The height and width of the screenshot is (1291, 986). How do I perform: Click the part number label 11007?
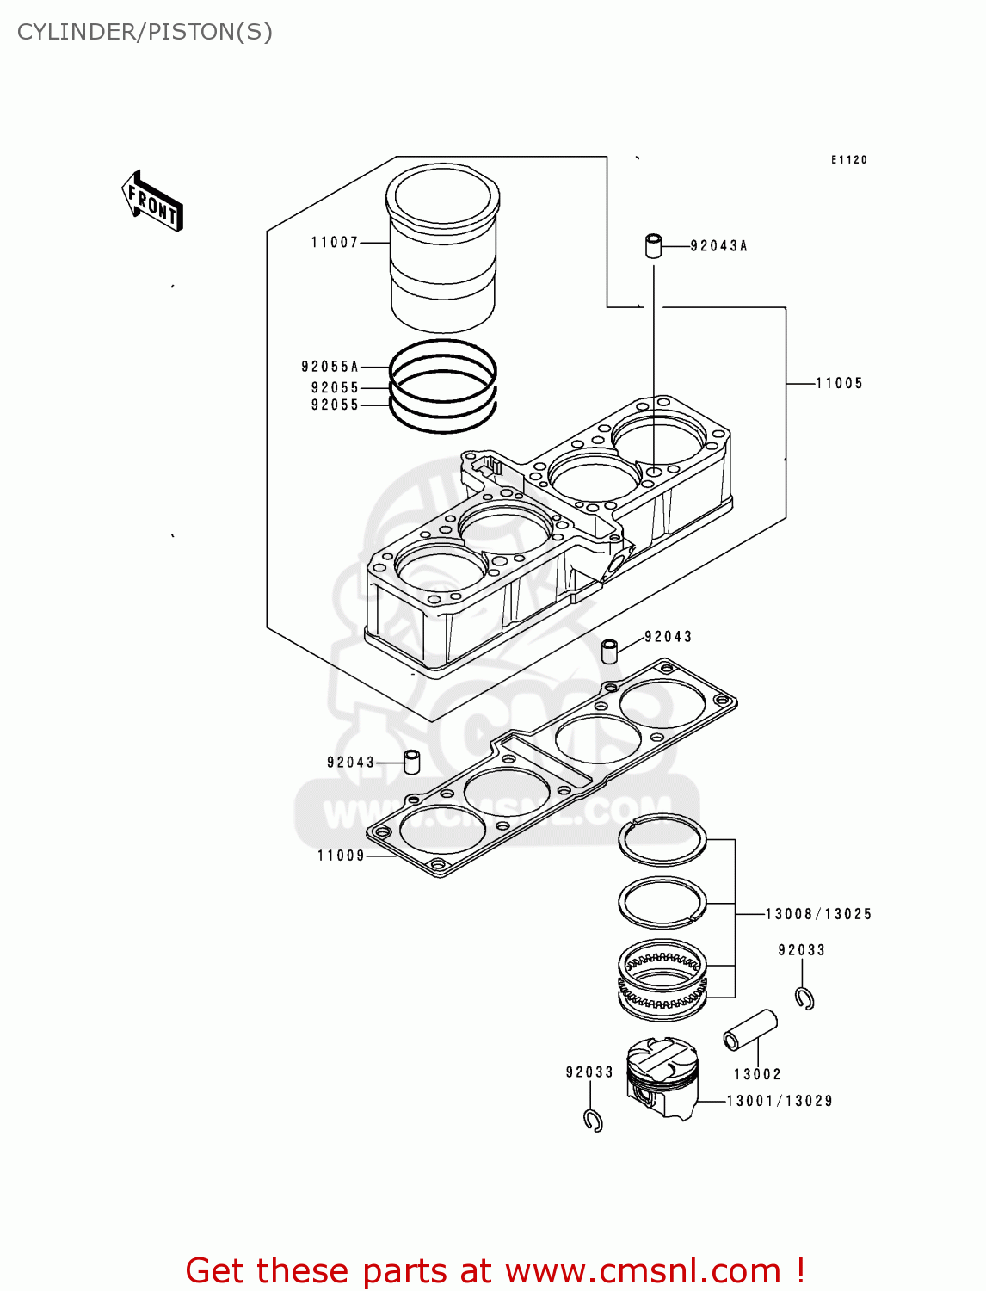pyautogui.click(x=335, y=243)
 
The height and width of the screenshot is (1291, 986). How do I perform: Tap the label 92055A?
pyautogui.click(x=330, y=367)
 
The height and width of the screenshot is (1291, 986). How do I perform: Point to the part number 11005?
pyautogui.click(x=839, y=384)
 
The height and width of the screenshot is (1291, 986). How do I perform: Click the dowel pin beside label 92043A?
pyautogui.click(x=654, y=245)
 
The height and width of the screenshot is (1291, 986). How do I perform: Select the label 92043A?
pyautogui.click(x=718, y=246)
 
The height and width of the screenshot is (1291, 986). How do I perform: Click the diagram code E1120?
pyautogui.click(x=848, y=160)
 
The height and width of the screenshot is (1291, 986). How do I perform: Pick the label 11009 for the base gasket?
pyautogui.click(x=341, y=856)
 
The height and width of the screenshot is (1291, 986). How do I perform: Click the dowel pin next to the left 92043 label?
pyautogui.click(x=412, y=762)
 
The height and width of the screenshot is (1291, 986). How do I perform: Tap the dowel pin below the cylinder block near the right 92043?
pyautogui.click(x=610, y=651)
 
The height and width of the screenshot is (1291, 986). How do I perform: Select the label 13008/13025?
pyautogui.click(x=818, y=914)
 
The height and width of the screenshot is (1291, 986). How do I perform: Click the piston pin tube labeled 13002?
pyautogui.click(x=750, y=1029)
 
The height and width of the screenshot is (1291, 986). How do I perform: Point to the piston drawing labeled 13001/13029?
pyautogui.click(x=662, y=1077)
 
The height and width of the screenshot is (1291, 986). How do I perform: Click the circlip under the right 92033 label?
pyautogui.click(x=805, y=998)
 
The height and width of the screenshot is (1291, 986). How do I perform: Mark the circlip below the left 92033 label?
pyautogui.click(x=593, y=1121)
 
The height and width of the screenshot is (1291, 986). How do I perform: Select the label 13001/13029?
pyautogui.click(x=780, y=1101)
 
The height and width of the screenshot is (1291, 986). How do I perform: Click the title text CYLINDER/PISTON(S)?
pyautogui.click(x=145, y=32)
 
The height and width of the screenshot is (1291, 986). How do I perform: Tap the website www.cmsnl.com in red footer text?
pyautogui.click(x=642, y=1271)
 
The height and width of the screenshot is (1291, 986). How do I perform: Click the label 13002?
pyautogui.click(x=757, y=1074)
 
